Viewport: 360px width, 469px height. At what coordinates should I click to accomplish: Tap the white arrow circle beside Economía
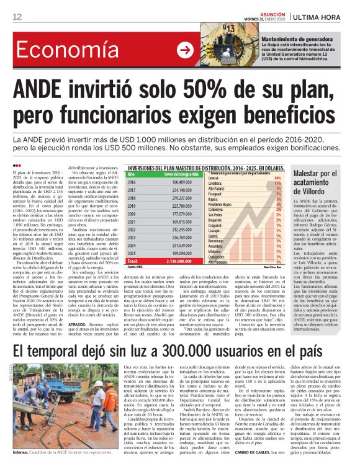click(x=184, y=50)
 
